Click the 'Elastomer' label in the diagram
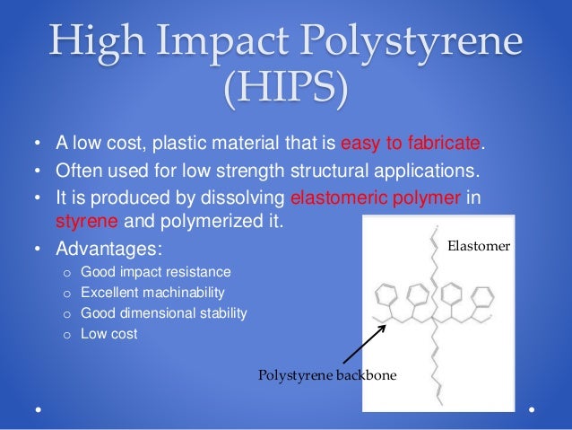[x=479, y=242]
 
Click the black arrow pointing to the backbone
[x=363, y=344]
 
